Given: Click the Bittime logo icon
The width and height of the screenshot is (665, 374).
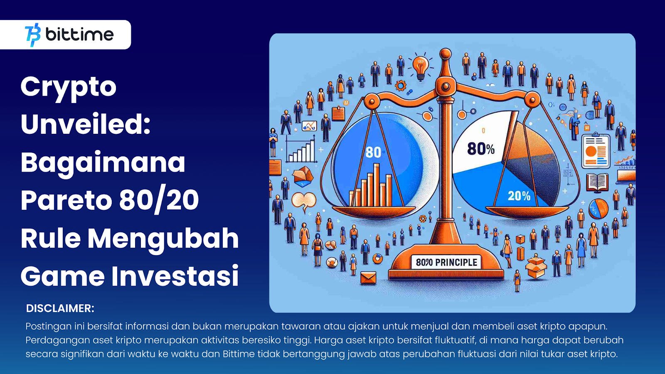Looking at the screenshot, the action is click(33, 35).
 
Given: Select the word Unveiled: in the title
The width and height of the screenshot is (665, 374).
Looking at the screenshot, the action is click(86, 124).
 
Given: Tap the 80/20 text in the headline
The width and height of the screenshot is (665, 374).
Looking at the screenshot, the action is click(159, 200).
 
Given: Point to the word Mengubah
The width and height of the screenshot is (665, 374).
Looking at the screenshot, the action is click(163, 239).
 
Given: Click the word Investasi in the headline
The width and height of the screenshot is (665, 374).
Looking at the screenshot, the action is click(175, 276).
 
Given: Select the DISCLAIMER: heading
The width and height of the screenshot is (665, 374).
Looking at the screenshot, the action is click(60, 308).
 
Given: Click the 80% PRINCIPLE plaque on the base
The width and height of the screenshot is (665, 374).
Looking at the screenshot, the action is click(446, 262).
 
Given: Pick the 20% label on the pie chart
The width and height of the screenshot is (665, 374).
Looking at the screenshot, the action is click(519, 196).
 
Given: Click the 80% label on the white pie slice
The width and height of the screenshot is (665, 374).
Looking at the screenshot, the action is click(481, 149).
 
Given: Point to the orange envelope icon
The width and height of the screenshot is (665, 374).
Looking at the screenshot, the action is click(368, 278).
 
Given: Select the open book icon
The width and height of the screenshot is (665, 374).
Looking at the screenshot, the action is click(597, 182).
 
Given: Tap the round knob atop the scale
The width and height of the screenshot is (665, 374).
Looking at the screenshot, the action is click(445, 54).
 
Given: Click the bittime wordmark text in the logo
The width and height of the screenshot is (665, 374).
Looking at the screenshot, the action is click(79, 34).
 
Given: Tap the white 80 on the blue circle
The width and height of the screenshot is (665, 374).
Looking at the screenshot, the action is click(373, 152).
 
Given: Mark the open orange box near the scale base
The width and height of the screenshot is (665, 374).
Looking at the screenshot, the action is click(536, 267).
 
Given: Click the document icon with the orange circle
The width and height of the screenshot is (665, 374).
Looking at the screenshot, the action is click(596, 151).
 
